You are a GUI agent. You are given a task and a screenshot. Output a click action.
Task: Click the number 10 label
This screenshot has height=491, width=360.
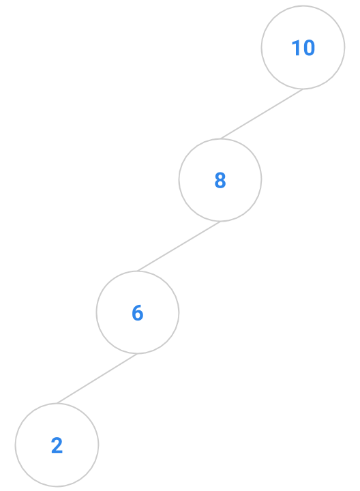303,48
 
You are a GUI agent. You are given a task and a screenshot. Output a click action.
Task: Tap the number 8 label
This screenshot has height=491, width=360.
220,180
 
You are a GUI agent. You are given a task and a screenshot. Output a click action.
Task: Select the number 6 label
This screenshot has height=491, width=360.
138,312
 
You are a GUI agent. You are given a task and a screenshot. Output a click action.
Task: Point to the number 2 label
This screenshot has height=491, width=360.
57,445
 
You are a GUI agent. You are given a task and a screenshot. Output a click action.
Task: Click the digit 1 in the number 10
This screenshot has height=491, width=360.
296,48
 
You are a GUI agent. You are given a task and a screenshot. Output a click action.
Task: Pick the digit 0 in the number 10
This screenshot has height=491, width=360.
308,48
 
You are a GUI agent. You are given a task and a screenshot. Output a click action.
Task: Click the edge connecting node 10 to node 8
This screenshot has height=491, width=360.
262,114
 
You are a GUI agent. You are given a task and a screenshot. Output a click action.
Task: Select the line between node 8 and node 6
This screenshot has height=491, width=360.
179,246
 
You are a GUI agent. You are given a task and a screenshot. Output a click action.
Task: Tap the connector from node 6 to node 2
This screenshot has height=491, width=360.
97,378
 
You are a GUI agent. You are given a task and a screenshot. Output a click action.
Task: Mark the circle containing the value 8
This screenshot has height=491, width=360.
220,138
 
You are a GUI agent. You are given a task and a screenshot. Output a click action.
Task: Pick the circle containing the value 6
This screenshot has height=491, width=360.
138,271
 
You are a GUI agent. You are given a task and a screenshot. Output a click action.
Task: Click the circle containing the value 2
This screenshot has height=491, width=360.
57,404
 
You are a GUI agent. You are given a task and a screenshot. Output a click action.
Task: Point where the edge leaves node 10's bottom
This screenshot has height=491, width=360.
303,89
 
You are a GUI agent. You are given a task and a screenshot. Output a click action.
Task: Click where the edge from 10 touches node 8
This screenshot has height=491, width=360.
220,138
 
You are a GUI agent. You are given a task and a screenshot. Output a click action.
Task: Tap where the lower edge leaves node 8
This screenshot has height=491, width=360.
220,222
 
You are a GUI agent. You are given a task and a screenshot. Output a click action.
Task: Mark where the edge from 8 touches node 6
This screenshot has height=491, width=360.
137,271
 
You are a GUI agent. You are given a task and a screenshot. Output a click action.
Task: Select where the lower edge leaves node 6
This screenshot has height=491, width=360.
138,354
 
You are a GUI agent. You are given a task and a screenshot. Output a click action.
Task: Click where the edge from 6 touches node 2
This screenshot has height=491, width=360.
57,403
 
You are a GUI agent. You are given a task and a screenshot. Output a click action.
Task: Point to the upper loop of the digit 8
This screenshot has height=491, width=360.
220,176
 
